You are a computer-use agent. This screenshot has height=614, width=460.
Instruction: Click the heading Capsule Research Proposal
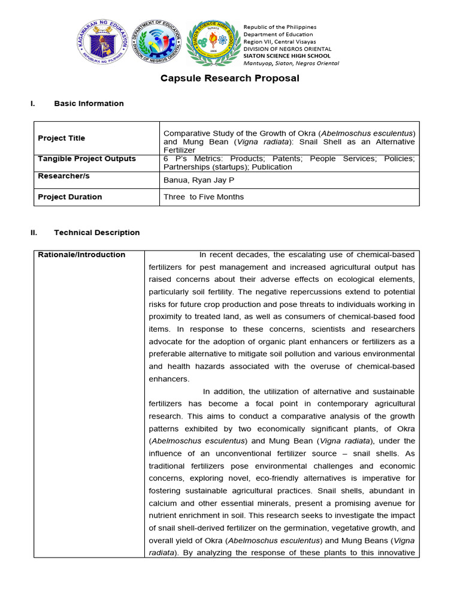pyautogui.click(x=230, y=79)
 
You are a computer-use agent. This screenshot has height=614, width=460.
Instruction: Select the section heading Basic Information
pyautogui.click(x=89, y=104)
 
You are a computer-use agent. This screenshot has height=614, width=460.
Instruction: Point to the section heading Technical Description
pyautogui.click(x=96, y=233)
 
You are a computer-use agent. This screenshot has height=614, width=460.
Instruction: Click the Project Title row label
pyautogui.click(x=61, y=138)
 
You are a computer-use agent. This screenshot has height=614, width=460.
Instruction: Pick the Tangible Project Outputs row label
pyautogui.click(x=87, y=159)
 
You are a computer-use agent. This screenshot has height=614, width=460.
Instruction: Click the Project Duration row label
pyautogui.click(x=69, y=197)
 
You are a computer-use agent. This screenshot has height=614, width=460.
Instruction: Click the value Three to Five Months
pyautogui.click(x=204, y=197)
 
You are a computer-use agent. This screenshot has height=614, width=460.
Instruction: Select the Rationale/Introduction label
pyautogui.click(x=81, y=255)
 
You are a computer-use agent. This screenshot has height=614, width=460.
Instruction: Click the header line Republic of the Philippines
pyautogui.click(x=280, y=28)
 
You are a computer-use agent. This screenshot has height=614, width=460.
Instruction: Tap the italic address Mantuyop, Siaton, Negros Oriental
pyautogui.click(x=291, y=63)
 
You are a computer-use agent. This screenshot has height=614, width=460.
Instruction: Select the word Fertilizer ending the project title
pyautogui.click(x=180, y=150)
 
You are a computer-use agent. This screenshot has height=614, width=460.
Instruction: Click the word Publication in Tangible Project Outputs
pyautogui.click(x=272, y=167)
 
